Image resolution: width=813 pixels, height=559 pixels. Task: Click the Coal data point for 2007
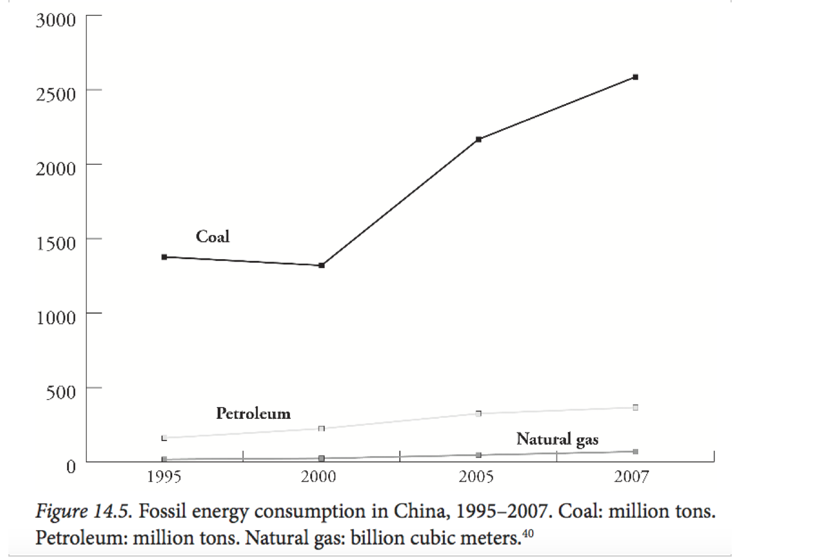point(635,77)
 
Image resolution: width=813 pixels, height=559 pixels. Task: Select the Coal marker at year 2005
point(479,139)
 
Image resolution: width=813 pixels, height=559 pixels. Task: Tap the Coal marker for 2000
point(322,265)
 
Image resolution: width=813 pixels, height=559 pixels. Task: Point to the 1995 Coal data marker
point(164,257)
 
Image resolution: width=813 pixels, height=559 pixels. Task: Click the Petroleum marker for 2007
point(635,408)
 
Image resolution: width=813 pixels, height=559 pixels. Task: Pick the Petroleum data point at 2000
point(322,429)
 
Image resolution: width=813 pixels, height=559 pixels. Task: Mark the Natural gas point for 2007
point(635,452)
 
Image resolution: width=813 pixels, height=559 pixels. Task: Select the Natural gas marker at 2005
point(479,455)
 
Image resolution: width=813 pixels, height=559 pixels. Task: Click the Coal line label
point(213,237)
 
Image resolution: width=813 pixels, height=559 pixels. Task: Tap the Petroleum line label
point(253,414)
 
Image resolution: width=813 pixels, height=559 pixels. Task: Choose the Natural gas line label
point(557,439)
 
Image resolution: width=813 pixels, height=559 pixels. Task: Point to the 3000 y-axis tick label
point(56,20)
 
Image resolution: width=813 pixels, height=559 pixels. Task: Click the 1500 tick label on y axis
point(56,244)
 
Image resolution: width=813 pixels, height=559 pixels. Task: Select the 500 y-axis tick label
point(61,393)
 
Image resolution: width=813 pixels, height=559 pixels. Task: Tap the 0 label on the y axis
point(71,466)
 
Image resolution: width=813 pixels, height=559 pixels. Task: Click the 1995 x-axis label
point(164,477)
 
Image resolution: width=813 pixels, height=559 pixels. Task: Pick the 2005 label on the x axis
point(476,477)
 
